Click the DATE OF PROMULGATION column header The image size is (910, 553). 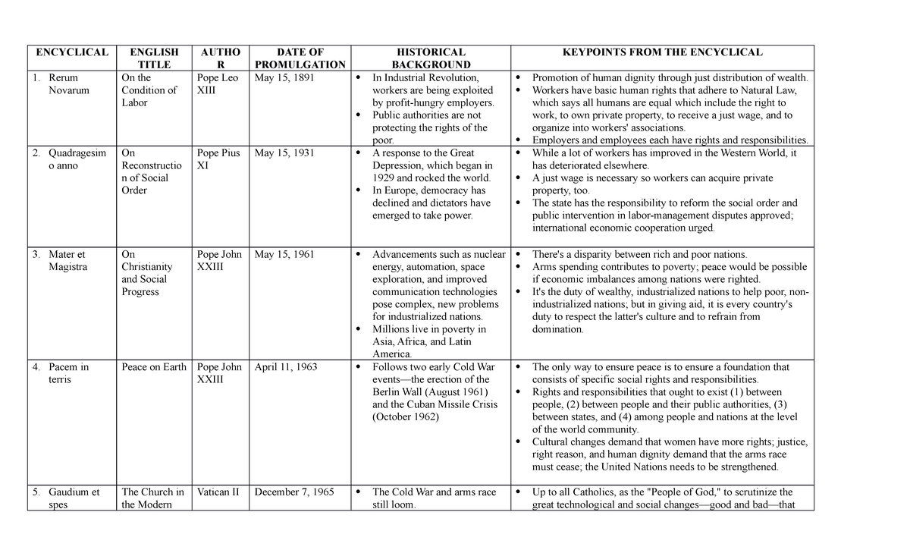pos(300,58)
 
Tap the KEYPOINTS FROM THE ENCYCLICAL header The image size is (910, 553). pos(661,52)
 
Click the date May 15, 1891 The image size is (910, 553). pos(284,77)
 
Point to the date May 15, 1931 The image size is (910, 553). pos(284,153)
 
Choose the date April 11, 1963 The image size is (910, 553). pos(286,367)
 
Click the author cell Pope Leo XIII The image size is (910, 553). pos(218,83)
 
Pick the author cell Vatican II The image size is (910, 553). pos(218,492)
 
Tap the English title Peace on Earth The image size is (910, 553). pos(153,367)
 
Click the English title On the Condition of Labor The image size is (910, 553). pos(149,90)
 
